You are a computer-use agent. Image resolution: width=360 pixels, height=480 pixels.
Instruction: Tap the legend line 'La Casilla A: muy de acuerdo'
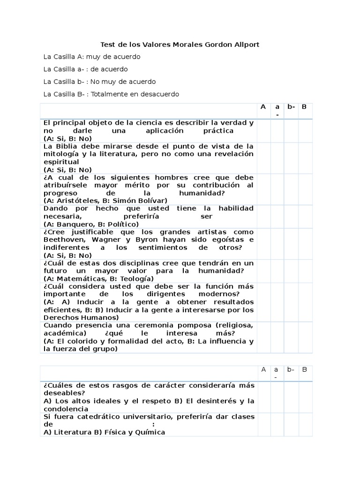pyautogui.click(x=92, y=57)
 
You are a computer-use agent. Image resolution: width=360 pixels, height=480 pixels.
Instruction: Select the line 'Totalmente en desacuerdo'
pyautogui.click(x=135, y=94)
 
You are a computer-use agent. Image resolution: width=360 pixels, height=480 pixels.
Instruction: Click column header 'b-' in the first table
pyautogui.click(x=291, y=107)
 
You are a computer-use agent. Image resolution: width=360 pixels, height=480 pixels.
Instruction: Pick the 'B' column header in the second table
pyautogui.click(x=305, y=369)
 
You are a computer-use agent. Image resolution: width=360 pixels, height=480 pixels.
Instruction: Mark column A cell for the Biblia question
pyautogui.click(x=263, y=158)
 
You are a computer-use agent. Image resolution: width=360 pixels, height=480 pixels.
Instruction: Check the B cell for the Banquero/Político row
pyautogui.click(x=305, y=216)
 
